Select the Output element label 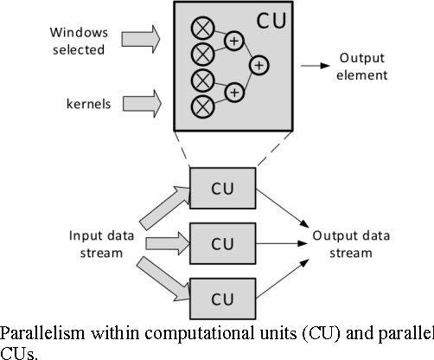point(363,66)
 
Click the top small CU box point(222,187)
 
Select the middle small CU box point(222,243)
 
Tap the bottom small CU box point(222,299)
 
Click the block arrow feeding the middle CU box point(163,243)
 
